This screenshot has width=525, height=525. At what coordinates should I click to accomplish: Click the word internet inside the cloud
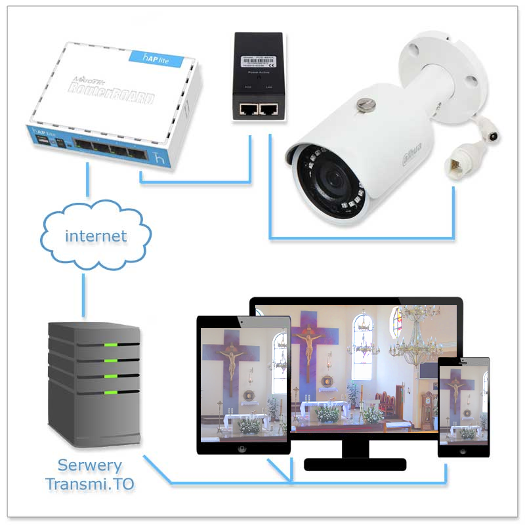(96, 236)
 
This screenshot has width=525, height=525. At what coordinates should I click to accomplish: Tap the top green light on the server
(111, 345)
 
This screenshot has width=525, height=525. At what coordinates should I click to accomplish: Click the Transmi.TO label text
(90, 484)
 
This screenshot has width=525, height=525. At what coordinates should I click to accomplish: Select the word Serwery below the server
(90, 466)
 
